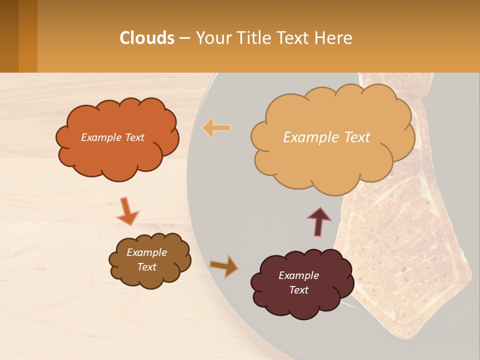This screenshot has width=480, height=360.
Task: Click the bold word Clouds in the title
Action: point(147,38)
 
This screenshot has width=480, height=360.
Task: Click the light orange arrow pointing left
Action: point(216,127)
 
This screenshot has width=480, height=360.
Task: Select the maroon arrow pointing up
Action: point(318,220)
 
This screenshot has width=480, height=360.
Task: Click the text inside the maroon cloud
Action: point(298,282)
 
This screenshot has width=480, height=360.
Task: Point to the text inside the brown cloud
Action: point(146,259)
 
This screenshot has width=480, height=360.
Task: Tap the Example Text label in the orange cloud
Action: point(112,137)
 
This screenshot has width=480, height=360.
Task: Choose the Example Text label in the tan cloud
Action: point(326,137)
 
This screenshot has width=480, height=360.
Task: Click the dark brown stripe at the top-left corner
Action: point(9,36)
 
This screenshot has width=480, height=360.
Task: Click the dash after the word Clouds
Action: point(184,38)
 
